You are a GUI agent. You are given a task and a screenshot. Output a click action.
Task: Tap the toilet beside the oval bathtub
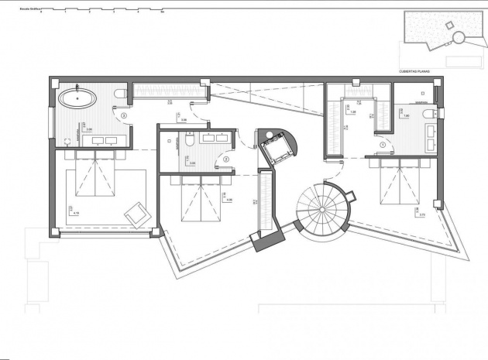119,94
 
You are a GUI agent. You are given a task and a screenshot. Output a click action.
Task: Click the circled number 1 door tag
382,143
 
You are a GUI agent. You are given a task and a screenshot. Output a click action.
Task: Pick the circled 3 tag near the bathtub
125,116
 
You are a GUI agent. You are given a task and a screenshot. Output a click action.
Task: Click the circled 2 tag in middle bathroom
225,160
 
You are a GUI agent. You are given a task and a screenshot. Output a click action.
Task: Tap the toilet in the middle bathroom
188,144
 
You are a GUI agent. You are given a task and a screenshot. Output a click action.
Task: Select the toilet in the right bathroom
427,115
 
